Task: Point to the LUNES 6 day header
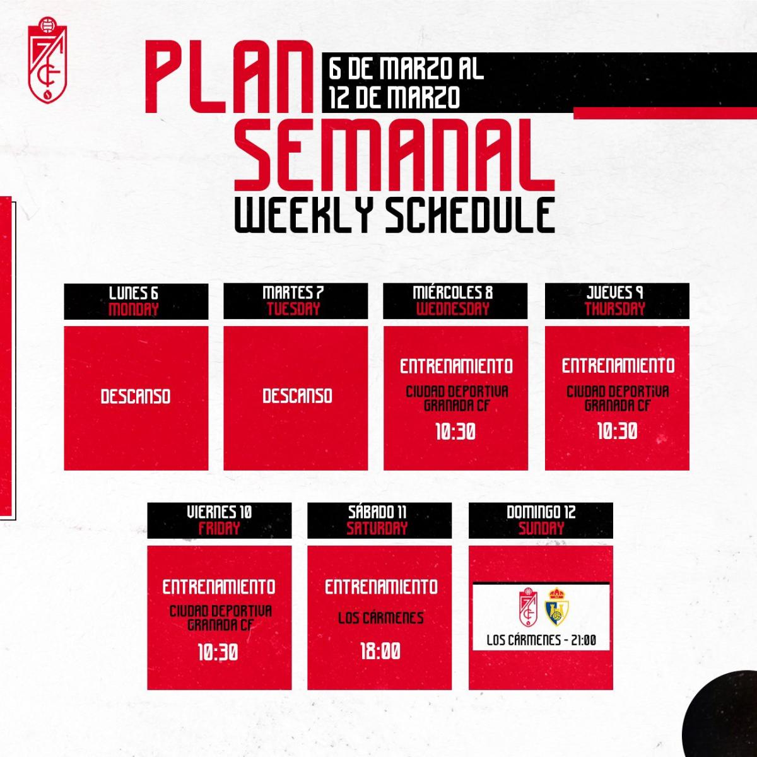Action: (136, 293)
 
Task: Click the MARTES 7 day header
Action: (295, 293)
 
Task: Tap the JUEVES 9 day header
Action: (616, 293)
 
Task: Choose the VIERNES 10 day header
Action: (220, 512)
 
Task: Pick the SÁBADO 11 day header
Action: (379, 512)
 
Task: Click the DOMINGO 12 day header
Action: (541, 512)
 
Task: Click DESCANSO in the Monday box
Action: (136, 396)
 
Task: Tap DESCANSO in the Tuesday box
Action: (297, 396)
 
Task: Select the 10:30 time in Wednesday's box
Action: (455, 432)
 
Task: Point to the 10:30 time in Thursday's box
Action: (617, 431)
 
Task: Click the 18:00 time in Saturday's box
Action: (380, 652)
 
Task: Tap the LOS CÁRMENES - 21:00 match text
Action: (541, 640)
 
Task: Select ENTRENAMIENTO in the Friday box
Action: (219, 587)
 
